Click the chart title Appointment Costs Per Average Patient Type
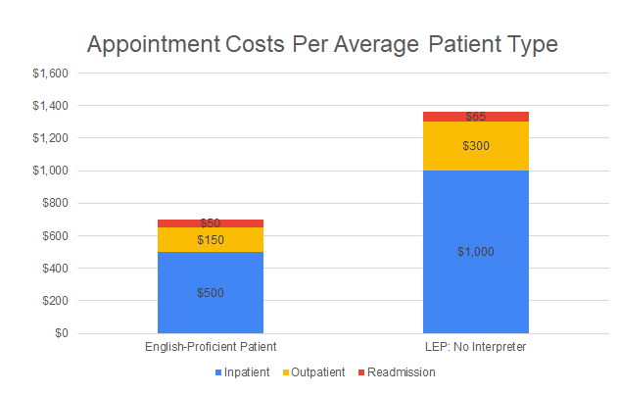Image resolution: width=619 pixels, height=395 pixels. coord(322,45)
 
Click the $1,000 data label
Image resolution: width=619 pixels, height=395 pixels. coord(476,252)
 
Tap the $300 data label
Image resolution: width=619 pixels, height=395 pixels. coord(476,146)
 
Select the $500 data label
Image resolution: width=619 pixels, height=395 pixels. coord(211,292)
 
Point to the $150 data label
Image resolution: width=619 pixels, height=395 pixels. coord(211,240)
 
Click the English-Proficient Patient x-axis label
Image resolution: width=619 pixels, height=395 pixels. coord(211,347)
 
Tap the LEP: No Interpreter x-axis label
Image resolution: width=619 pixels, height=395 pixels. coord(476,347)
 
